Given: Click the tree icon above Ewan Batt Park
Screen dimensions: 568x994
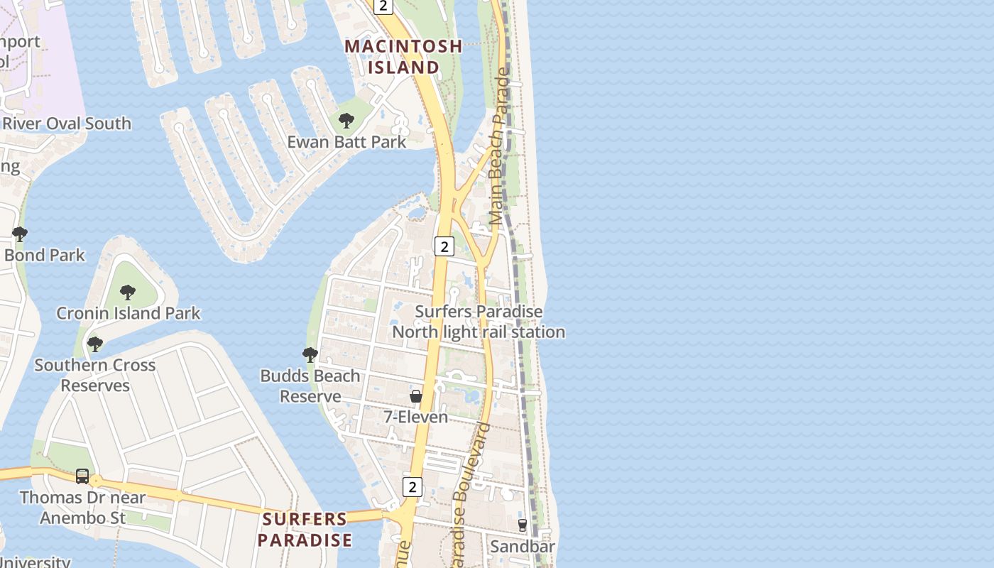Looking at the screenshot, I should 346,121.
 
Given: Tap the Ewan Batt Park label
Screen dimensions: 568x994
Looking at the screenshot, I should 346,142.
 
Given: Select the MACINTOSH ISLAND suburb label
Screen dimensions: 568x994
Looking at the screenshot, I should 403,57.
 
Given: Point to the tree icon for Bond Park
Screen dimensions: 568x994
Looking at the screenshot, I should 20,234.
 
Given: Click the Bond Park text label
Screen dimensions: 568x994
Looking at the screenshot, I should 44,255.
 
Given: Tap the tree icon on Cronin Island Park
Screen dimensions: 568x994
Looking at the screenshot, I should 127,293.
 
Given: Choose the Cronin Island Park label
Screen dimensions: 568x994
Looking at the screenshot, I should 129,313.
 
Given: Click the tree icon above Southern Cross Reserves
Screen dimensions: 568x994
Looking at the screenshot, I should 94,344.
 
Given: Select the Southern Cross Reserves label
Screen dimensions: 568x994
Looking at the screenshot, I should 95,375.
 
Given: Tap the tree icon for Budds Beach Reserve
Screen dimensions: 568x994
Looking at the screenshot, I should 310,355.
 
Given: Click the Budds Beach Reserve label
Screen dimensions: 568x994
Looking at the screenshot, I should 310,386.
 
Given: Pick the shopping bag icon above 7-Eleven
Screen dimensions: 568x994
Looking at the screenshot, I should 416,396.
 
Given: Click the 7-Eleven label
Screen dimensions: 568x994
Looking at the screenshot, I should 416,417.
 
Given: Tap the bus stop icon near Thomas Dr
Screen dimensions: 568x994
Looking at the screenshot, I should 82,476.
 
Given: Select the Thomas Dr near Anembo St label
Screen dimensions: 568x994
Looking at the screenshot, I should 82,508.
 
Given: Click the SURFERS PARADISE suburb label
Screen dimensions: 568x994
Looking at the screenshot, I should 305,530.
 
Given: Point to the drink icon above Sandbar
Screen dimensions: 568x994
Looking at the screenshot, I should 523,525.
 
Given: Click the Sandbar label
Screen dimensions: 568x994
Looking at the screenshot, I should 523,547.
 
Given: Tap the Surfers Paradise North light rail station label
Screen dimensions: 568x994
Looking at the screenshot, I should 479,322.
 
